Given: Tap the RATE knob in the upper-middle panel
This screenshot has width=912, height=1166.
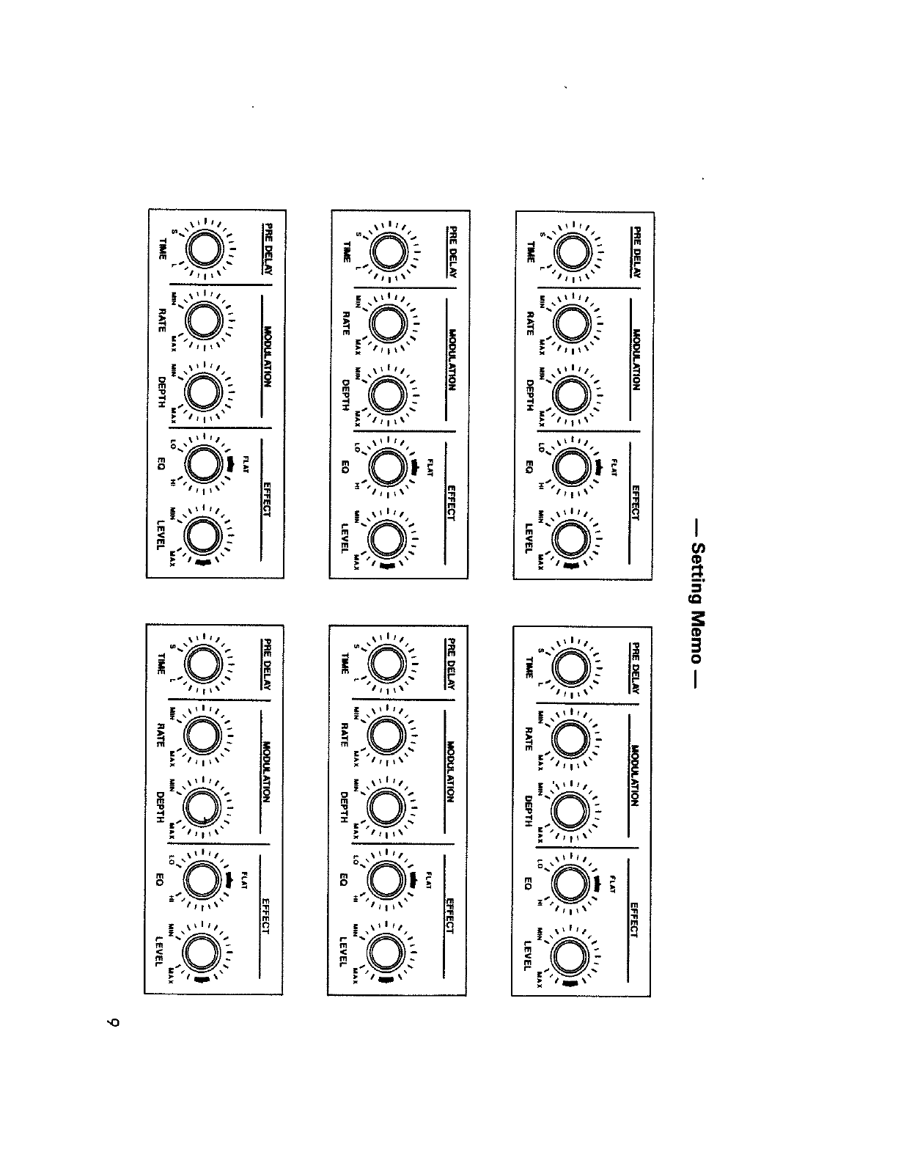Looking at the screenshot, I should click(x=389, y=323).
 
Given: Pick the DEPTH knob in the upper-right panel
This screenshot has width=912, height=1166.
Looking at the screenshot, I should click(x=573, y=396).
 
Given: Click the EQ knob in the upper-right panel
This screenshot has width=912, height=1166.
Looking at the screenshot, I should click(x=573, y=467).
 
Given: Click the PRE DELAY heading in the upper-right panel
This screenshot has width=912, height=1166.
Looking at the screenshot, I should click(x=636, y=251).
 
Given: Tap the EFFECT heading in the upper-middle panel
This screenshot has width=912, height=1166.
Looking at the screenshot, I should click(x=451, y=503).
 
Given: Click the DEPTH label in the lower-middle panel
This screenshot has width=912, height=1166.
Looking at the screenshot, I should click(x=344, y=807).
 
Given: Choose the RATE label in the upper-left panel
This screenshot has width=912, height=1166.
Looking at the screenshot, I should click(x=162, y=320).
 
